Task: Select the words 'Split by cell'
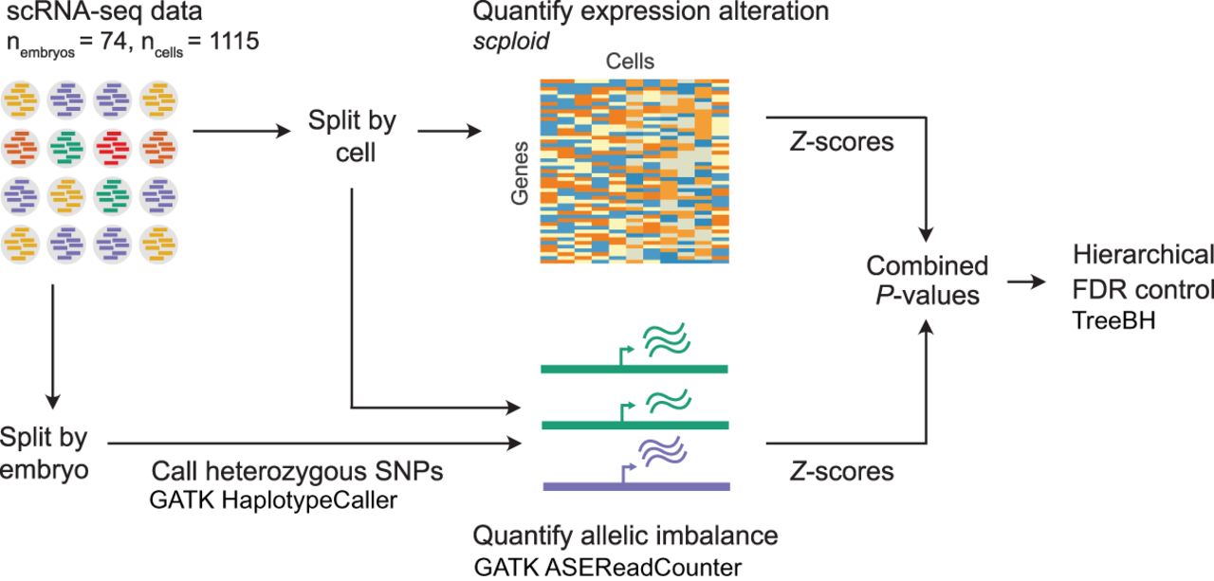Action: (x=352, y=136)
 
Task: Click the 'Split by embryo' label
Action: (x=44, y=453)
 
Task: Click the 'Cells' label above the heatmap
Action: (x=630, y=63)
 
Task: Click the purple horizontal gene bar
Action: (x=635, y=485)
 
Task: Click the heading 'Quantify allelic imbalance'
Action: (x=625, y=536)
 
